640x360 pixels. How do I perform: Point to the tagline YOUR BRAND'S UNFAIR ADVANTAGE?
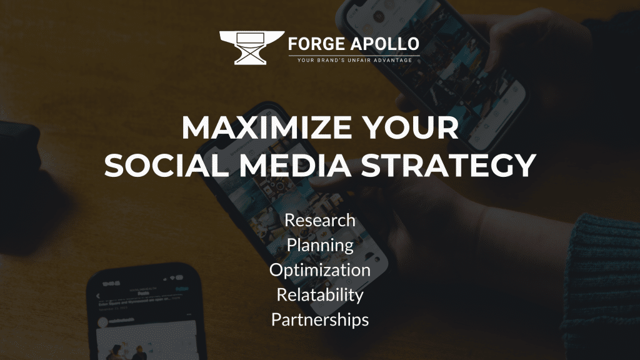tap(354, 60)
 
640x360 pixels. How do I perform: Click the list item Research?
tap(320, 220)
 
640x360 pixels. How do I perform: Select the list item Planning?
tap(320, 245)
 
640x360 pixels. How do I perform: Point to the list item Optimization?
tap(320, 270)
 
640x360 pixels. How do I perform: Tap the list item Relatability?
tap(320, 294)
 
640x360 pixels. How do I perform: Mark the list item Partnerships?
tap(320, 319)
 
